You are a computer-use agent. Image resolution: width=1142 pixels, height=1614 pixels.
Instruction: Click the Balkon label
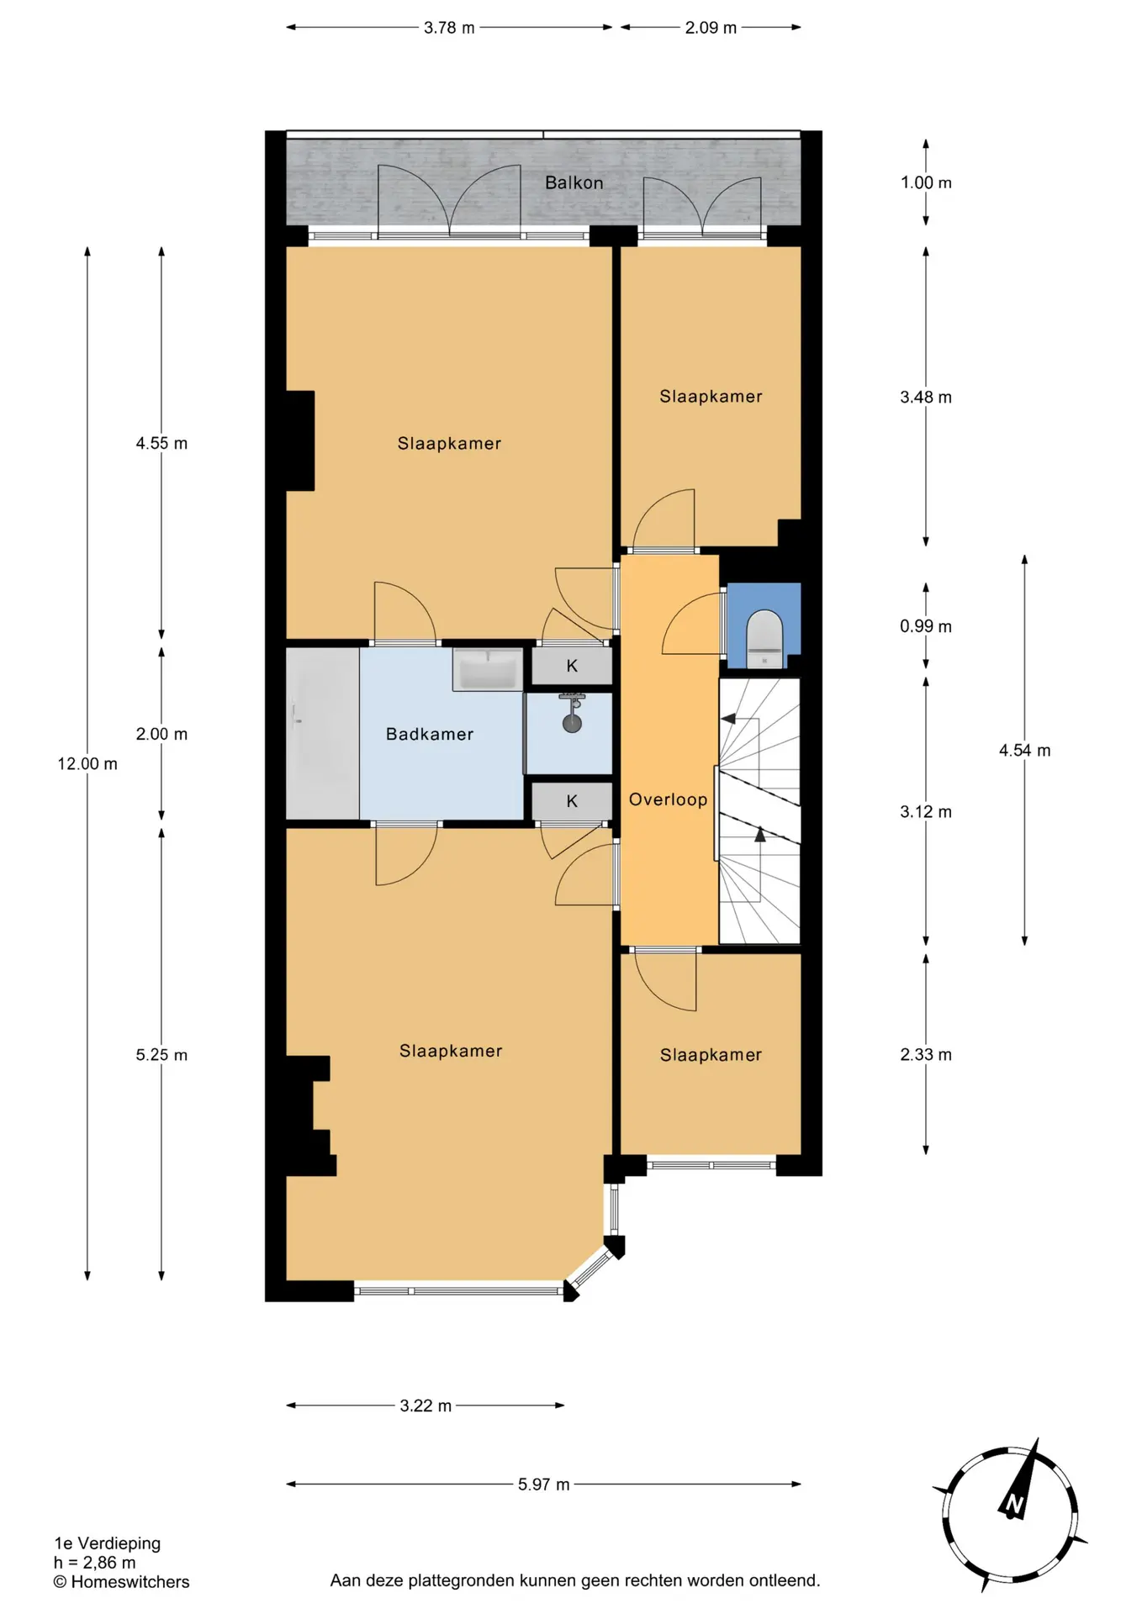574,182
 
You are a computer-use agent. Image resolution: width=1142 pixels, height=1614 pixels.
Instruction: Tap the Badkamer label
430,734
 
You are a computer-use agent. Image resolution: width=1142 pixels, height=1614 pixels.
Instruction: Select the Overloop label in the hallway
669,799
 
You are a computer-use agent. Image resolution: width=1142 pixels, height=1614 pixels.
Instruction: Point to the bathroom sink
488,669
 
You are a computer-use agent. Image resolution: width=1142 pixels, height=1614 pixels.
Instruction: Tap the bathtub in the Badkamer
323,733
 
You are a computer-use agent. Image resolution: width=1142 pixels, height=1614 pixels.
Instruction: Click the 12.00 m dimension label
87,763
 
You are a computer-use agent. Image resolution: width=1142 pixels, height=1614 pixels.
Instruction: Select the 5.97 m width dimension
544,1485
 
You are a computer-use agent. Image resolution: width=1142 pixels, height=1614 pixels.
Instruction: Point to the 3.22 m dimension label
426,1406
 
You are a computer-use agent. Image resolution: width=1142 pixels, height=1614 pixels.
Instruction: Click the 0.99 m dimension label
926,626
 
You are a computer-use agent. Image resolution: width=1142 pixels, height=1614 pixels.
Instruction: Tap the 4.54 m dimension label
1024,751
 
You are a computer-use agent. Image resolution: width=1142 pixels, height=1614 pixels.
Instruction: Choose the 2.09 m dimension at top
711,28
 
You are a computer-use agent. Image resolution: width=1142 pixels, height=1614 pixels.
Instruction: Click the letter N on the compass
1014,1504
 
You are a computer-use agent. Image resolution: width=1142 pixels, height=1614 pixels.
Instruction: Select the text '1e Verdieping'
108,1543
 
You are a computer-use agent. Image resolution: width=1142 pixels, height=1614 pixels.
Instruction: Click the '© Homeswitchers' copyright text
122,1582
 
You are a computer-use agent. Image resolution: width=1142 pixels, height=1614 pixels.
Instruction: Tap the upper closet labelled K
572,666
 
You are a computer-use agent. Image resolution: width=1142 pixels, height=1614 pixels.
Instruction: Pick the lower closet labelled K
572,801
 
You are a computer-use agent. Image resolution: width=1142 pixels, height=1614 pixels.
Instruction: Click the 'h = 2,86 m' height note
95,1563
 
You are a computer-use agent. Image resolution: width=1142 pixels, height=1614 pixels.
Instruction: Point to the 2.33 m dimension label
926,1055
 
